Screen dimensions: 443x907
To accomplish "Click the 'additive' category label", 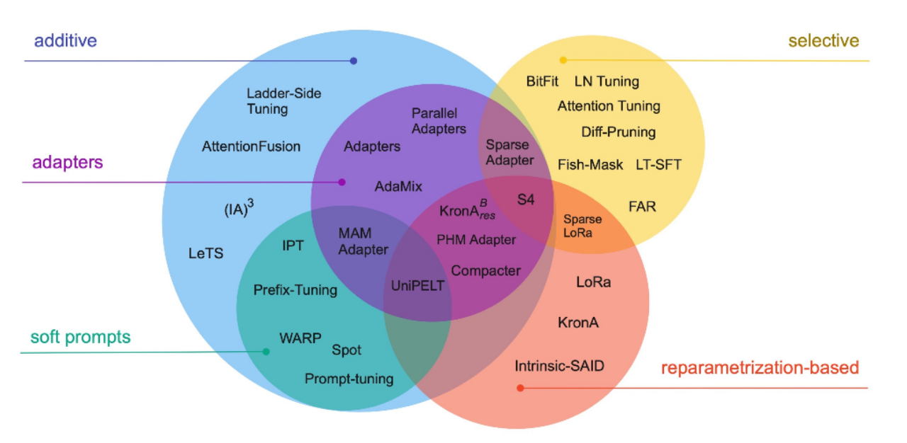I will tap(65, 41).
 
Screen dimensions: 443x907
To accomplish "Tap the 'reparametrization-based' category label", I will tap(760, 368).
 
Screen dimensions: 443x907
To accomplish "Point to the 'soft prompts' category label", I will tap(80, 337).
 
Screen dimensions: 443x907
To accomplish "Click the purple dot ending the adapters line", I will tap(342, 182).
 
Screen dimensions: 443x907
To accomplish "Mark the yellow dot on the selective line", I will tap(563, 60).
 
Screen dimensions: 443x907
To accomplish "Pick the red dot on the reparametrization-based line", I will tap(520, 388).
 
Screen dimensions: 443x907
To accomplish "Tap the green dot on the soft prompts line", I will tap(266, 352).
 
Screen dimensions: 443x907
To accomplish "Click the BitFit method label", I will tap(543, 81).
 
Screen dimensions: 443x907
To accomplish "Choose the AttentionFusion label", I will tap(251, 146).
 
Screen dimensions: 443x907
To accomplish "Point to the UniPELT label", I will tap(418, 286).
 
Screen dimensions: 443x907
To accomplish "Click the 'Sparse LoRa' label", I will tap(582, 226).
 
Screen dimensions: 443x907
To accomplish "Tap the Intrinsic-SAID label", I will tap(559, 366).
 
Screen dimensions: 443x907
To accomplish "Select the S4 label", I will tap(525, 200).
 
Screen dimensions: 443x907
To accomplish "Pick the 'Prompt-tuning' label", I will tap(349, 379).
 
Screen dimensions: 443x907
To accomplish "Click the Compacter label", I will tap(485, 270).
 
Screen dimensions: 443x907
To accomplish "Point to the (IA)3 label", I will tap(238, 210).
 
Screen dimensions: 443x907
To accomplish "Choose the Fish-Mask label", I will tap(590, 165).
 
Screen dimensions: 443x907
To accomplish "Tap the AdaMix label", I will tap(398, 186).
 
